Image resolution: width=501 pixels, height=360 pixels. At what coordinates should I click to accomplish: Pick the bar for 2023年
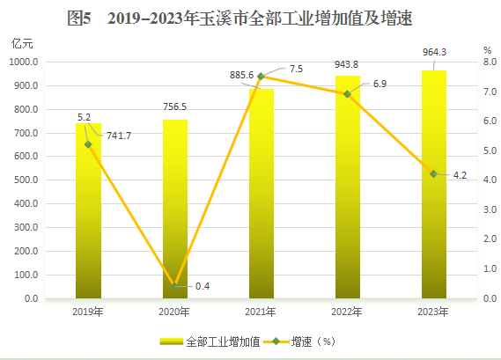[x=434, y=185]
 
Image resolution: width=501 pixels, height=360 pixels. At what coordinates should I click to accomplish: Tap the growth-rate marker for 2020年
[x=174, y=286]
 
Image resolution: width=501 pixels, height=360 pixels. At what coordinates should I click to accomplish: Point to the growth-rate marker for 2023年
[x=434, y=174]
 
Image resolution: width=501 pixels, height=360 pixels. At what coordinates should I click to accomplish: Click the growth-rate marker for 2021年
[x=261, y=77]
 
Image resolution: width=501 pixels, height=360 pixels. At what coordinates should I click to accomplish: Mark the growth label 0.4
[x=203, y=287]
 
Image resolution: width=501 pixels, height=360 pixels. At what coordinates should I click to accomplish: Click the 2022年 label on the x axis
[x=347, y=312]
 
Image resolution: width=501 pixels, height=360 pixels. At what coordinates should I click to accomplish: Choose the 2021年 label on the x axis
[x=261, y=312]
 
